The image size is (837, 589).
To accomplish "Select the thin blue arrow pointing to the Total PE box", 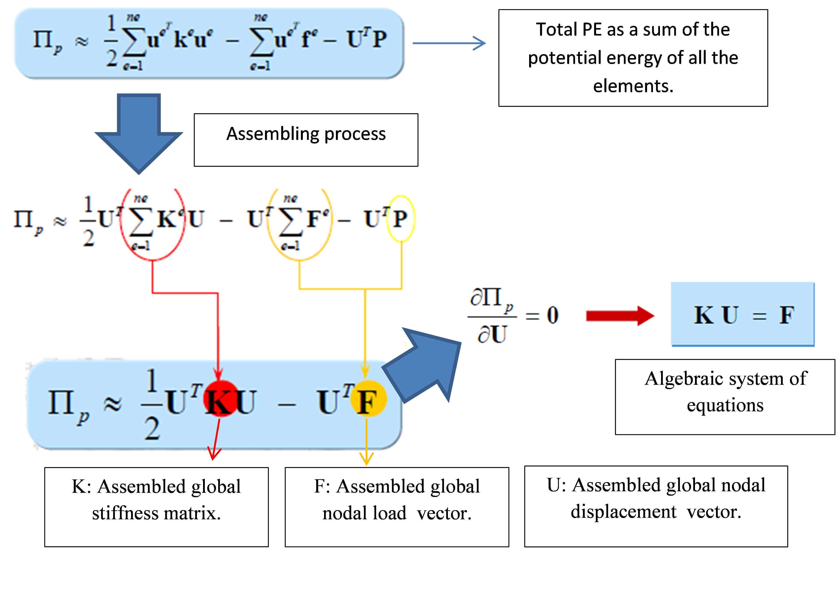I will (448, 43).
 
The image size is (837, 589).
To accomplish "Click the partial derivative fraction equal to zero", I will (510, 316).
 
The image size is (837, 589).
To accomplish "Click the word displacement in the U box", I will (623, 512).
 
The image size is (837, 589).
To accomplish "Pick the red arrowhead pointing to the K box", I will (214, 454).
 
